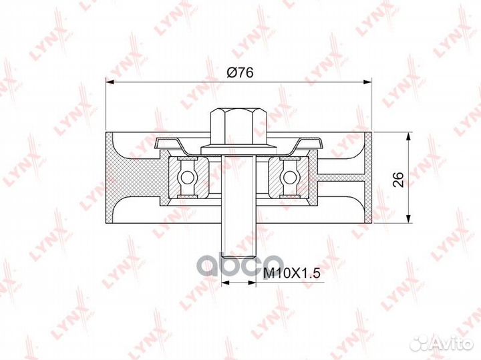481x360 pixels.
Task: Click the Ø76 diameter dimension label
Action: pos(240,72)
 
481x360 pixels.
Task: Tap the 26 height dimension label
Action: pos(399,179)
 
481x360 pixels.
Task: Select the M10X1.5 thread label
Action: pos(292,273)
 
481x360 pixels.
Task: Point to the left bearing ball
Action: pos(186,177)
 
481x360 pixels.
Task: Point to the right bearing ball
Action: pos(289,177)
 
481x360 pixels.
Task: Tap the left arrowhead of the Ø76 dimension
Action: pos(110,82)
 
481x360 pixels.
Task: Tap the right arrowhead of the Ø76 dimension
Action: pos(367,82)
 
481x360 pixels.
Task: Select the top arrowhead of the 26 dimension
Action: pos(408,137)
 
